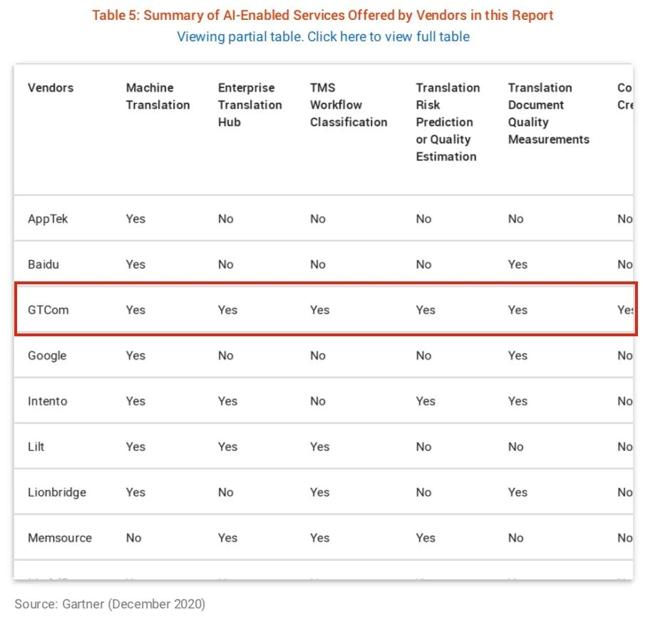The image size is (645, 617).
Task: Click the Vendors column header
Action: (51, 88)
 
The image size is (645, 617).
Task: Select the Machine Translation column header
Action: (158, 96)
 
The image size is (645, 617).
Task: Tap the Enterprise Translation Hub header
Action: (249, 105)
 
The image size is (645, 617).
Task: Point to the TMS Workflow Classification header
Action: (348, 105)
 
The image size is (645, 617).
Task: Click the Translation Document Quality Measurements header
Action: (548, 113)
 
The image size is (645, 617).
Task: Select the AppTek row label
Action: (48, 219)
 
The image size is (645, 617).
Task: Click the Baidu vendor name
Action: (43, 264)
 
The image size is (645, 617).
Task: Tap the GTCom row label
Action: (48, 310)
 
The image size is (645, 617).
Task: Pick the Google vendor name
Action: (47, 356)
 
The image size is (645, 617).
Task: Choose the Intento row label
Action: (48, 401)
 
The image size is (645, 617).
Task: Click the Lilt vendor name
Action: (36, 447)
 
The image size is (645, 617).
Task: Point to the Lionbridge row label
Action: (57, 492)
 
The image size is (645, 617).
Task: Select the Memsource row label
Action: (60, 538)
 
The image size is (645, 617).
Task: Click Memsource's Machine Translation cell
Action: (134, 538)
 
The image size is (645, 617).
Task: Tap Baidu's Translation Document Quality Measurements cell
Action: (517, 264)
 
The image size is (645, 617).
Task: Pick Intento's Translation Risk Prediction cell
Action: (425, 401)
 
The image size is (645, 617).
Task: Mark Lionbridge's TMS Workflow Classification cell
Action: (319, 492)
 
